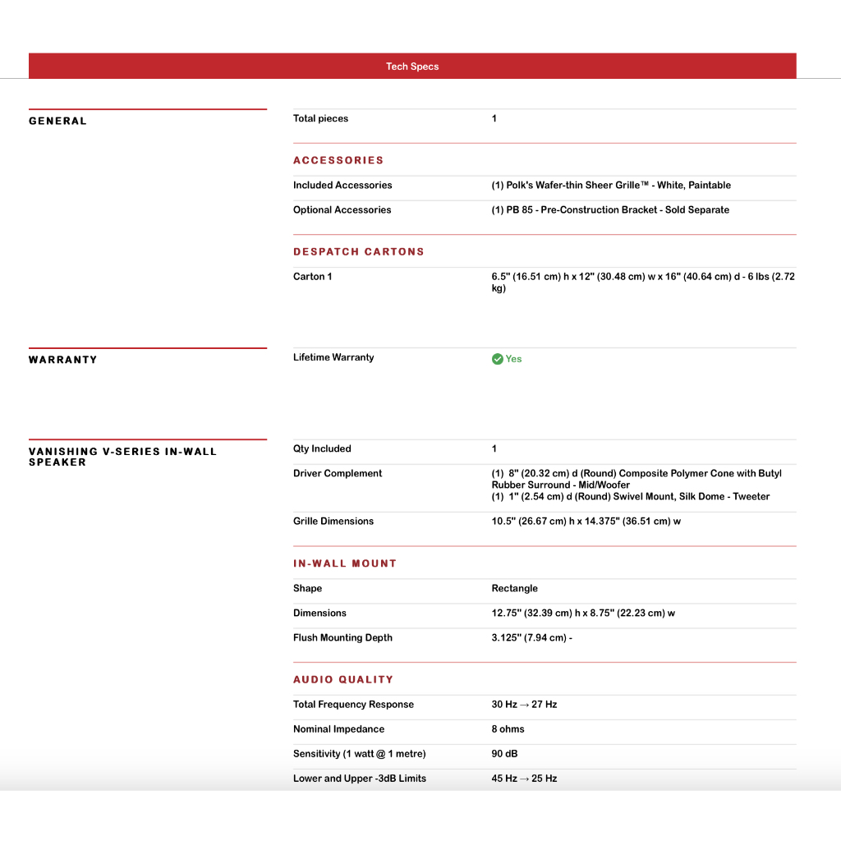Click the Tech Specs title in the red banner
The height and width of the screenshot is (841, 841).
coord(412,67)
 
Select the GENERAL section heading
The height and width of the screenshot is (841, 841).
coord(57,122)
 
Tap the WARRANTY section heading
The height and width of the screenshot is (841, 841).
coord(62,360)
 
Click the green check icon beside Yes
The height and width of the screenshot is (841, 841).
coord(497,359)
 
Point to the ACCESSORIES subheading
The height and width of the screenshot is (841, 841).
coord(338,160)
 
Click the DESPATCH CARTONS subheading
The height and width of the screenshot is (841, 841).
coord(359,252)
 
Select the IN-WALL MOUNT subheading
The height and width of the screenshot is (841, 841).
coord(345,563)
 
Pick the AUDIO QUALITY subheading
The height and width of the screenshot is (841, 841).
coord(343,679)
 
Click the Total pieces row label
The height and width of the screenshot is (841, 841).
coord(320,119)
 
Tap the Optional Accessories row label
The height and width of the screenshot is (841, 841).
coord(342,210)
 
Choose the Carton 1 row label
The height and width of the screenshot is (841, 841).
coord(312,277)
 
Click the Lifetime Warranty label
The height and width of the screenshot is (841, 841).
coord(333,357)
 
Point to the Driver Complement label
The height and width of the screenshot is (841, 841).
coord(338,474)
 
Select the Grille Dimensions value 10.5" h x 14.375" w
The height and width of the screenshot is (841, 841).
coord(586,522)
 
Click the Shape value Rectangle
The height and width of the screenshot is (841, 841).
coord(514,589)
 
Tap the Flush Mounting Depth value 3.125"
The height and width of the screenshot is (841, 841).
coord(531,638)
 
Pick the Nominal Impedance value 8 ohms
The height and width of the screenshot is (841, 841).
coord(508,729)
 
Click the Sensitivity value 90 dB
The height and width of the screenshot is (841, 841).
coord(504,754)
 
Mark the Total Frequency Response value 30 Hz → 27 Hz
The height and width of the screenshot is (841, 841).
coord(524,705)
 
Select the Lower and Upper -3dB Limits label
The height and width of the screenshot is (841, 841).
coord(360,779)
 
